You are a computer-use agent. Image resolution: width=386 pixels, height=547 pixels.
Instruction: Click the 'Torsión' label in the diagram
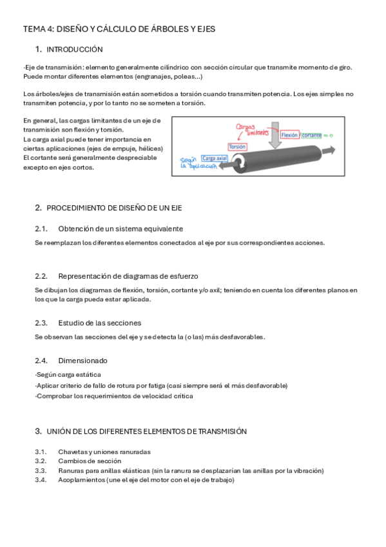click(x=238, y=146)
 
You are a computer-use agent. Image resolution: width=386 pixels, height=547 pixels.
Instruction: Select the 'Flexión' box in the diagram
click(x=289, y=135)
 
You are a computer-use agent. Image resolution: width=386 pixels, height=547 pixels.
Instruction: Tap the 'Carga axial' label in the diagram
click(x=214, y=158)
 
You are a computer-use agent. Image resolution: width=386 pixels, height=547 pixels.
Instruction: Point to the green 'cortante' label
click(x=312, y=135)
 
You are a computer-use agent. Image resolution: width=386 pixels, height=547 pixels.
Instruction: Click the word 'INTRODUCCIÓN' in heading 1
click(x=75, y=50)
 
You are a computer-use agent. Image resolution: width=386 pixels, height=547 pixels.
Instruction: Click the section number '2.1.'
click(x=41, y=228)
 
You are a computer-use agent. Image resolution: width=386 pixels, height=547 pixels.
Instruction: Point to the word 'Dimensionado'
click(x=82, y=361)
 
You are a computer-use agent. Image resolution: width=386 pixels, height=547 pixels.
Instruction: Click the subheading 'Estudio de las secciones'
click(x=99, y=323)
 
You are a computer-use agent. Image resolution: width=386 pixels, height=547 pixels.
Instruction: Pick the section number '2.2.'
click(x=41, y=275)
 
